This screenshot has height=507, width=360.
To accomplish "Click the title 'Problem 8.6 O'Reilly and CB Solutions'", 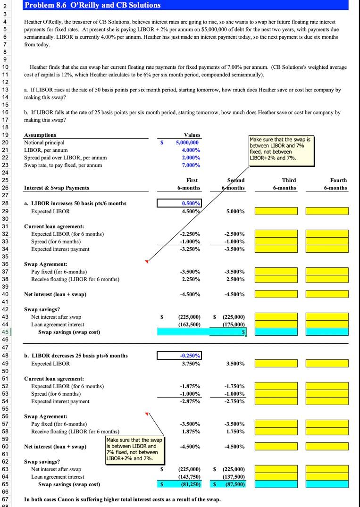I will tap(92, 5).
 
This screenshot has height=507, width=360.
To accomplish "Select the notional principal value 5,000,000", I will tap(187, 142).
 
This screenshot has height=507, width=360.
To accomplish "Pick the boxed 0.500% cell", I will tap(180, 203).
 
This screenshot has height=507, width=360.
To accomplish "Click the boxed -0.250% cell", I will tap(180, 356).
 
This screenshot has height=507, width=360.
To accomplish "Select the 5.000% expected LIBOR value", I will tap(234, 211).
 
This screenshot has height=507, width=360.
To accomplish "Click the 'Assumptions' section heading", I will tap(40, 135).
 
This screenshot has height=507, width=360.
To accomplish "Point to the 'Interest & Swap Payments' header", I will tap(56, 188).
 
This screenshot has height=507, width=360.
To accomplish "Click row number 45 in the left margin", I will tap(5, 332).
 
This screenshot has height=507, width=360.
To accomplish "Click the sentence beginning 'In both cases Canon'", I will tap(122, 499).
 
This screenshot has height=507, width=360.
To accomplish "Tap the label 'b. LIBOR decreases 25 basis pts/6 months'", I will tap(75, 356).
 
